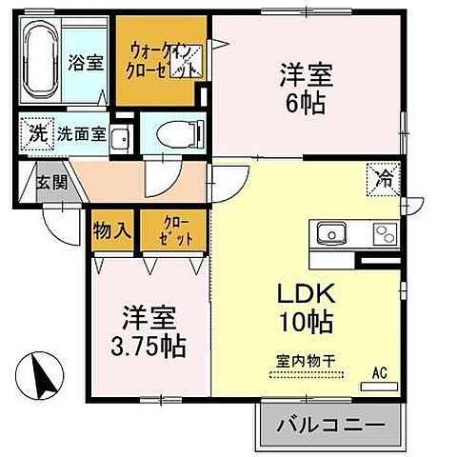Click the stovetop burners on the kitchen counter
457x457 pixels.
(384, 232)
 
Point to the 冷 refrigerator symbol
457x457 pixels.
(384, 177)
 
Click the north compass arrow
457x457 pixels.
(38, 374)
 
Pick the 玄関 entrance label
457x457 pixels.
(51, 182)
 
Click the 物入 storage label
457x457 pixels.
(114, 229)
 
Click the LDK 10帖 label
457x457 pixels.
(306, 308)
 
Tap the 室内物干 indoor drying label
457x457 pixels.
(306, 360)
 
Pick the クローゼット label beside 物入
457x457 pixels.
(170, 229)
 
